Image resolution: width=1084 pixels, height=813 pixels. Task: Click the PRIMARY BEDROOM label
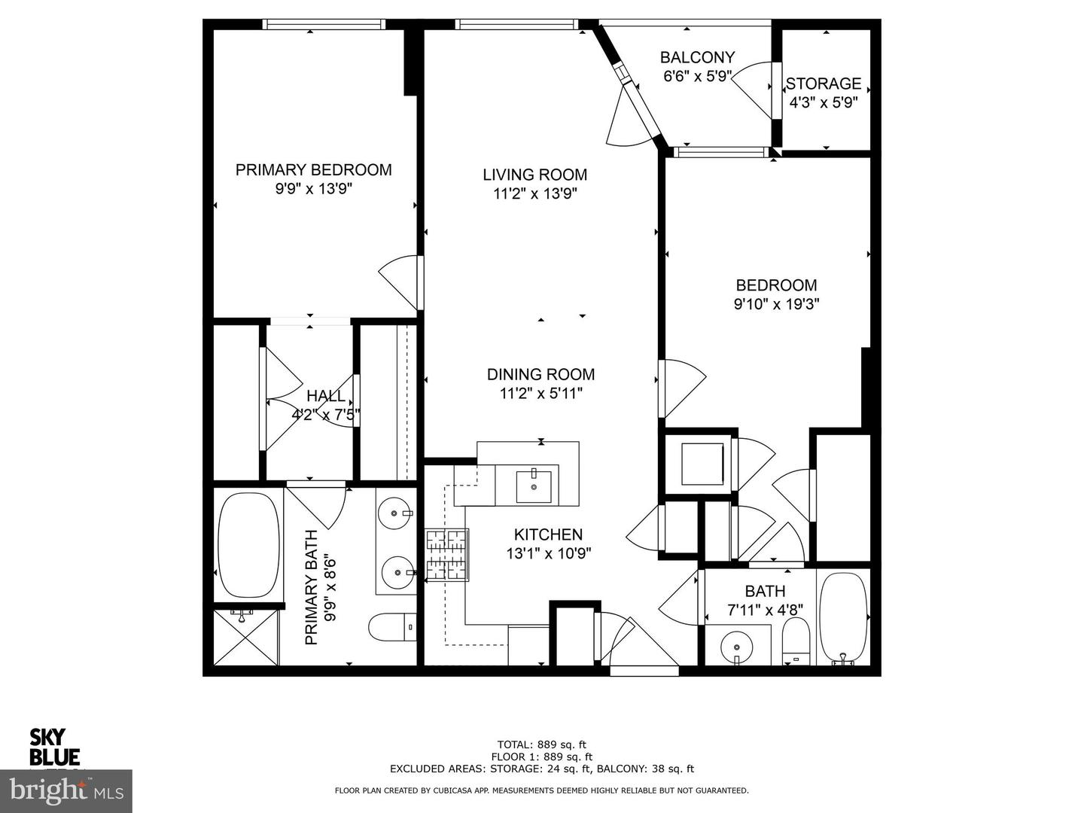[313, 170]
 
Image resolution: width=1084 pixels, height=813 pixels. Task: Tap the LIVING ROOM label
[534, 175]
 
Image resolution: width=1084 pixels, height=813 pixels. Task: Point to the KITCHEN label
[548, 534]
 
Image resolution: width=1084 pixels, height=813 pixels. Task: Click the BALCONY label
[697, 57]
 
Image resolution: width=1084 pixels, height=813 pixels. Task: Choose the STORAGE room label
[824, 84]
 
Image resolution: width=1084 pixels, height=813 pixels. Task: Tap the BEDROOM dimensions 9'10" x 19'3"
[776, 304]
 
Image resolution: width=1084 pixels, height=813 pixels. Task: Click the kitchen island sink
[534, 486]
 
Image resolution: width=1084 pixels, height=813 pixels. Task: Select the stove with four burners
[447, 555]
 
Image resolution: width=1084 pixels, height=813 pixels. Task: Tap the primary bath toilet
[392, 626]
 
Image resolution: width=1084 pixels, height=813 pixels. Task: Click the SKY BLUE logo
[54, 747]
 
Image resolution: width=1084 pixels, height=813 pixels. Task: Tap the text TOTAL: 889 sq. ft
[541, 744]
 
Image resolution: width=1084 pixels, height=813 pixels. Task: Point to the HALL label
[326, 396]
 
